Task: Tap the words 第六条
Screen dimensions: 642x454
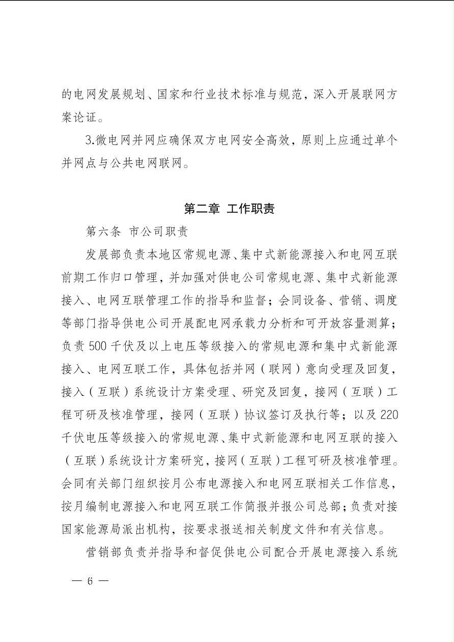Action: pyautogui.click(x=103, y=231)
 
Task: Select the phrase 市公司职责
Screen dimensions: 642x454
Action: pyautogui.click(x=159, y=231)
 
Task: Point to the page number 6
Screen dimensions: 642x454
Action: pyautogui.click(x=90, y=581)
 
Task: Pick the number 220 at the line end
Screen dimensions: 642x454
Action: pyautogui.click(x=389, y=415)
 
